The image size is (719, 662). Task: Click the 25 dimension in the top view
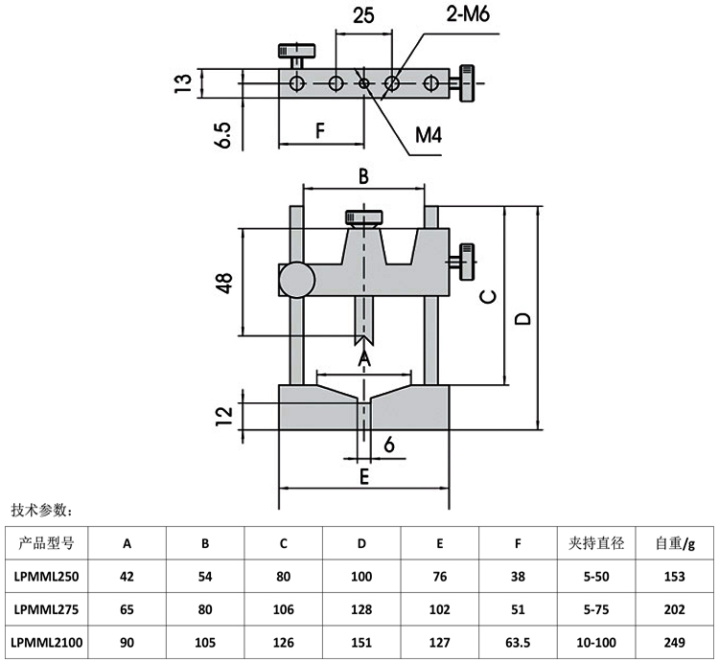pos(362,15)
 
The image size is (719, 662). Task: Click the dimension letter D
pos(522,317)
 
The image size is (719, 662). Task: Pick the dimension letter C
pos(488,297)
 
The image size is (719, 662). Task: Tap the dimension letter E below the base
pos(363,476)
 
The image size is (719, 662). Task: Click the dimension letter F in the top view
pos(319,131)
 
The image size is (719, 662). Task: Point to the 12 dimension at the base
pos(224,414)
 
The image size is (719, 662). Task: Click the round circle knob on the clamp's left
pos(297,281)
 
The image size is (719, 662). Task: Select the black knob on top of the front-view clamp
pos(363,217)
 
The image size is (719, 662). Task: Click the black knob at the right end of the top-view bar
pos(467,83)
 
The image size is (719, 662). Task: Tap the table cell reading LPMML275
pos(46,607)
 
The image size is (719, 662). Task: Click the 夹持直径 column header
pos(596,543)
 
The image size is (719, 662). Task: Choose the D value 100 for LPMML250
pos(361,576)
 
